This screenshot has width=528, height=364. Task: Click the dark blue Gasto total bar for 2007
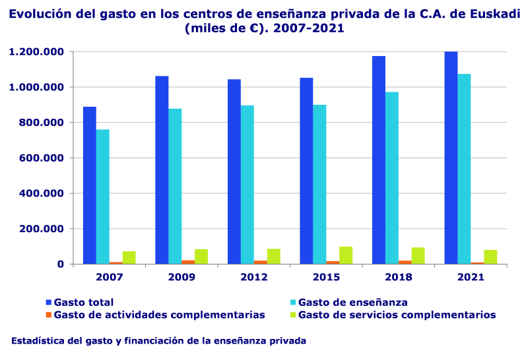[x=90, y=185]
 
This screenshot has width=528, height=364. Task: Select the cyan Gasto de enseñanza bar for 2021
[x=464, y=169]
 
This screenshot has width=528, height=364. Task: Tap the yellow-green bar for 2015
[x=346, y=256]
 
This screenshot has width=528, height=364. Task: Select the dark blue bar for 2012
[x=234, y=171]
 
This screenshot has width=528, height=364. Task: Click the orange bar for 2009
[x=188, y=262]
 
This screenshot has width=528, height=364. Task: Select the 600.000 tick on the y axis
[x=42, y=158]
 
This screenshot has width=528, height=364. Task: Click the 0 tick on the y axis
[x=61, y=264]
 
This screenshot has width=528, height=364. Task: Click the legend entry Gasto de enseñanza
[x=352, y=302]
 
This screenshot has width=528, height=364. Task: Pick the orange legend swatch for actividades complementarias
[x=48, y=315]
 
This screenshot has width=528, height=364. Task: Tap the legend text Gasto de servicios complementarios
[x=397, y=315]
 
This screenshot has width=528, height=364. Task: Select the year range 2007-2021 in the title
[x=308, y=29]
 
